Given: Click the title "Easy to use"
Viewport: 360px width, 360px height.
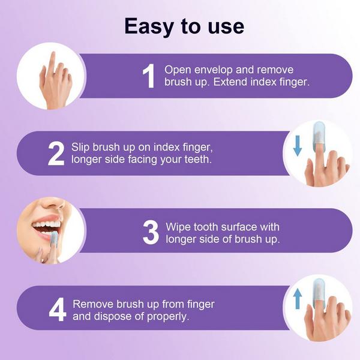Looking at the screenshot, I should tap(184, 26).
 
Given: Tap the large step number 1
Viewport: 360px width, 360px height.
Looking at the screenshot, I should tap(148, 76).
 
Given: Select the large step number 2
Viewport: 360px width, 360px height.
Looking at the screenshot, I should tap(56, 154).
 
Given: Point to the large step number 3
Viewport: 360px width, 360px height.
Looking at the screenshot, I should tap(151, 233).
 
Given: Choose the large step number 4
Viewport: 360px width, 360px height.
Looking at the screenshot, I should tap(56, 310).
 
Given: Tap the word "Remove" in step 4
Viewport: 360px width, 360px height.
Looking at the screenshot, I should tap(91, 304).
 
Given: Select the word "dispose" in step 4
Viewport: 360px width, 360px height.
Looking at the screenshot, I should tap(113, 317).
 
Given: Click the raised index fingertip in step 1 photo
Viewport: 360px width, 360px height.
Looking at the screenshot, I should tap(53, 57).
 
